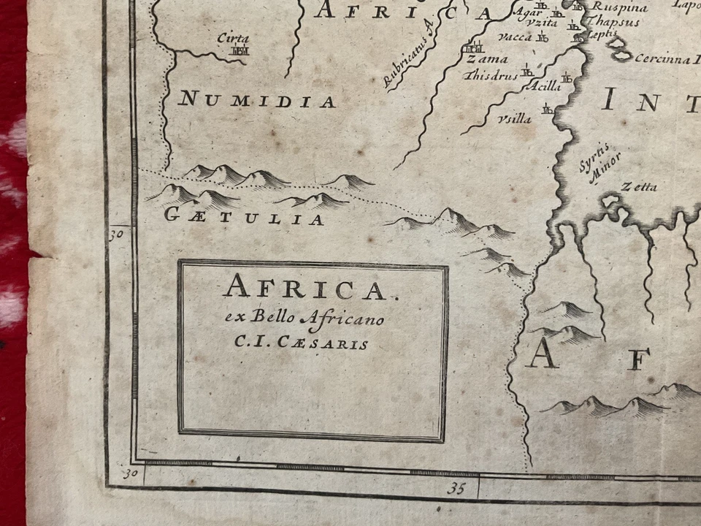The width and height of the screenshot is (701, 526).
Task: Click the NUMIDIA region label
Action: [256, 100]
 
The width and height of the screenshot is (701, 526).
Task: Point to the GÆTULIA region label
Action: [244, 218]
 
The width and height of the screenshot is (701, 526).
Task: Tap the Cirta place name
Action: [234, 38]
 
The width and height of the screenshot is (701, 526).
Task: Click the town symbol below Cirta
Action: [240, 51]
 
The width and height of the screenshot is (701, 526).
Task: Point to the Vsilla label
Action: [514, 119]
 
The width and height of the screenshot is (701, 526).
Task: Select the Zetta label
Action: [639, 187]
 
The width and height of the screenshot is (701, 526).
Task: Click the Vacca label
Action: [516, 37]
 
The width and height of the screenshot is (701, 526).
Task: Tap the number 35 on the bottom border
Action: [457, 487]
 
